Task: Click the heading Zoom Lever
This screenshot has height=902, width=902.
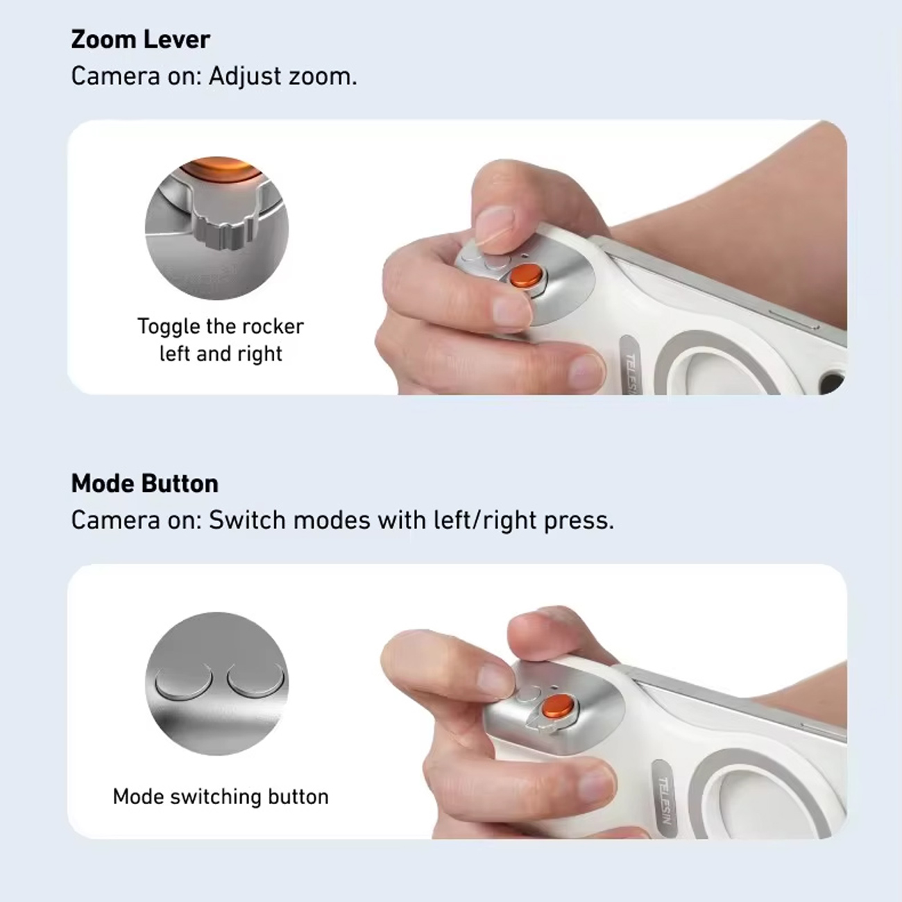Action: click(x=140, y=40)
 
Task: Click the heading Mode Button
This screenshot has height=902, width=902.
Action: click(x=144, y=483)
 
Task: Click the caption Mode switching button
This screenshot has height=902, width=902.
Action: click(x=221, y=797)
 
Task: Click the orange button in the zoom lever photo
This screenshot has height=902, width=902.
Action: click(x=526, y=277)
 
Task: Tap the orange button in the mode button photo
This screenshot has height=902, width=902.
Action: click(x=558, y=707)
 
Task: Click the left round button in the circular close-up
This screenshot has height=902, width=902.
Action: click(x=184, y=681)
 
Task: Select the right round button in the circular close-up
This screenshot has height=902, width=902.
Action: click(x=257, y=681)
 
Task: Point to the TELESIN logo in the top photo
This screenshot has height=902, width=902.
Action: click(x=633, y=371)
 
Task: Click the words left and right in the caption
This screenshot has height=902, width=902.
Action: click(x=221, y=353)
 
